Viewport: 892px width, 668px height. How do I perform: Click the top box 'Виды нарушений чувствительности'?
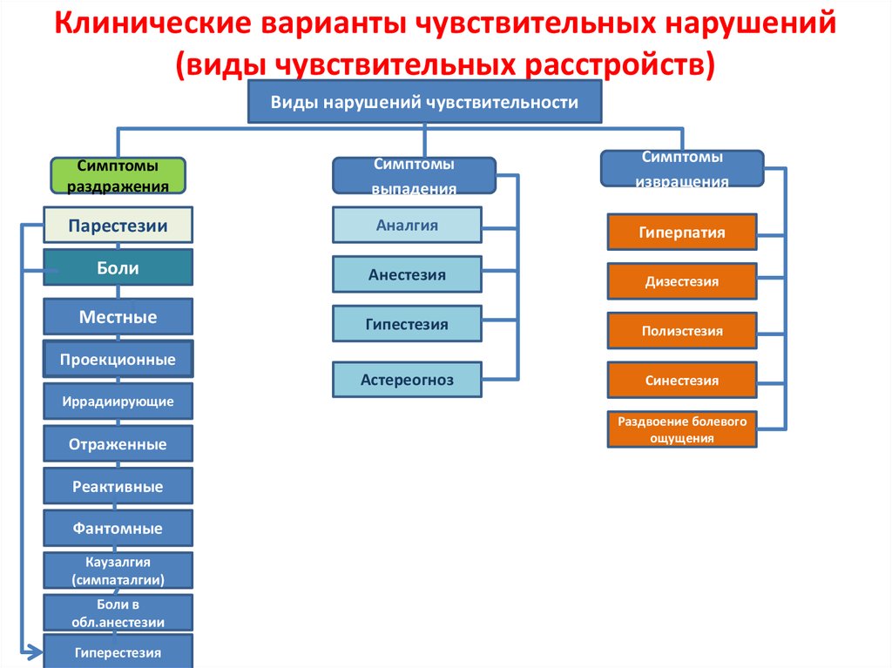coord(424,102)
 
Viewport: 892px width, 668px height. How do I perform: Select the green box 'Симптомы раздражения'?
coord(118,176)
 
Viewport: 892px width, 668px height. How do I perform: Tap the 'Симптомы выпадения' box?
coord(414,176)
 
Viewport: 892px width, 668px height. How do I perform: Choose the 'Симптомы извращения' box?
coord(682,168)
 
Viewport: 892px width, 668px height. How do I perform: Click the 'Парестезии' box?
coord(118,226)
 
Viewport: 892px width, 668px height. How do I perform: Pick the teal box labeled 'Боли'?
coord(118,267)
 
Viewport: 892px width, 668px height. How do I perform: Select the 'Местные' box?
coord(118,316)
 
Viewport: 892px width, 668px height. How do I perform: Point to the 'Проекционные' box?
coord(118,359)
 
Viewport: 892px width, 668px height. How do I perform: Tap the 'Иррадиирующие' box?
coord(118,401)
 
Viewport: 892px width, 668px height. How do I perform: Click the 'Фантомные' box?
coord(118,528)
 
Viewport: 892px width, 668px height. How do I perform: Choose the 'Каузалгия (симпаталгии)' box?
coord(118,570)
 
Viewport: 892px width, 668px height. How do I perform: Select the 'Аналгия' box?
coord(408,226)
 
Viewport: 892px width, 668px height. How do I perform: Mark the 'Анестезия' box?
coord(408,274)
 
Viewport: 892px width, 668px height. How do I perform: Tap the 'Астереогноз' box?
coord(408,380)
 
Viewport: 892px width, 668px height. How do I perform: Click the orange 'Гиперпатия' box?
coord(682,233)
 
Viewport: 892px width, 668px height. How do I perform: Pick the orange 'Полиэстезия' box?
coord(682,331)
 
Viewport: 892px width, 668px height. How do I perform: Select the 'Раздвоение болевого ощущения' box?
coord(682,429)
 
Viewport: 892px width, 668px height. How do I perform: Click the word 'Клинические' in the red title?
coord(153,24)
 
